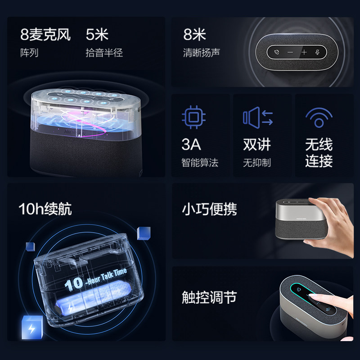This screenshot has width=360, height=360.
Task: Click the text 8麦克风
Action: (x=45, y=35)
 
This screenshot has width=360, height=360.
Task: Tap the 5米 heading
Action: (x=97, y=35)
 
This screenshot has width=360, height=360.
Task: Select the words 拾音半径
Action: (x=104, y=53)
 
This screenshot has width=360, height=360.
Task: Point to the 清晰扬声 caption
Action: (x=201, y=53)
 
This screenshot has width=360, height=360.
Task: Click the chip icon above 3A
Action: (x=193, y=118)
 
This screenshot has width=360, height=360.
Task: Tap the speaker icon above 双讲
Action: (x=257, y=118)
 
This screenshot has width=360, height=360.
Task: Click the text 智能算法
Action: (x=200, y=163)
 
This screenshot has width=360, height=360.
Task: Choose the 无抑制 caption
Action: (x=257, y=163)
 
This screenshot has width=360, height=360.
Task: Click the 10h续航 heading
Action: (x=45, y=209)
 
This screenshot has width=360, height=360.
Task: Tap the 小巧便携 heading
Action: (x=209, y=209)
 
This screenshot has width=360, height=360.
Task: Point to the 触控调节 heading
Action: (x=209, y=297)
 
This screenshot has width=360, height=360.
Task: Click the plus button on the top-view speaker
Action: (x=304, y=52)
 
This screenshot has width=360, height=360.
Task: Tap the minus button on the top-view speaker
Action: (x=290, y=52)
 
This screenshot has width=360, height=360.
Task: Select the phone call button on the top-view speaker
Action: (x=275, y=52)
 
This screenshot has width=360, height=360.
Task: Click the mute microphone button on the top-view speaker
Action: (x=318, y=52)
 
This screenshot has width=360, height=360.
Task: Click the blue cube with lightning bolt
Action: (x=32, y=327)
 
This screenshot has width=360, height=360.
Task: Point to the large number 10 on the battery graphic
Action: (x=74, y=284)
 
